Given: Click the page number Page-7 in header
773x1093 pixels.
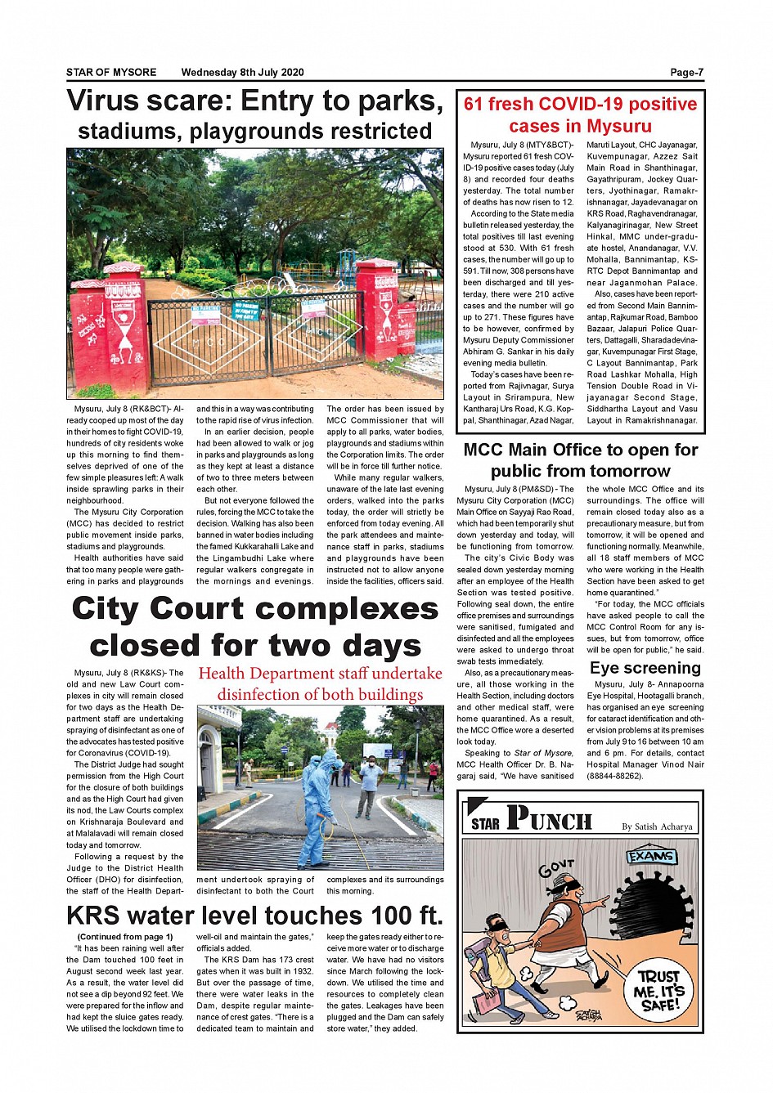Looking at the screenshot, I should coord(686,72).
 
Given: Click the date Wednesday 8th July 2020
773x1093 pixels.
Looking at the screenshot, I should coord(242,72).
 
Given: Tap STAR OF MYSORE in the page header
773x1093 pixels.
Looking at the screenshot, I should coord(111,72).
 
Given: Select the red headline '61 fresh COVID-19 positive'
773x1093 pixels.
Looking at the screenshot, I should coord(580,104).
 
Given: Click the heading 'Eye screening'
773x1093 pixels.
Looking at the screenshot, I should coord(645,668).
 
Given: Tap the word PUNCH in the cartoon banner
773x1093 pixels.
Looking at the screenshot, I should coord(549,818).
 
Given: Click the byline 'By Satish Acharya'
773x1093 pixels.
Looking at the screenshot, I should coord(657,826).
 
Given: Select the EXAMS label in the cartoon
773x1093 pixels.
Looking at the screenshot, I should coord(652,857).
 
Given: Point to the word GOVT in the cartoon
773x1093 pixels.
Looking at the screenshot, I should coord(556,868).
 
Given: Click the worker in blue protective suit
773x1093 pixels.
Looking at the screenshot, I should coord(315,809).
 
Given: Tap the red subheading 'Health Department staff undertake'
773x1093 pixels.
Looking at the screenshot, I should coord(320,674).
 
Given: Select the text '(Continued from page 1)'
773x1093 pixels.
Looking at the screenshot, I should coord(125,937).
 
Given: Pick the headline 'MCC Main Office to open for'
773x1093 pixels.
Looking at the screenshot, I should coord(580,450).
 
